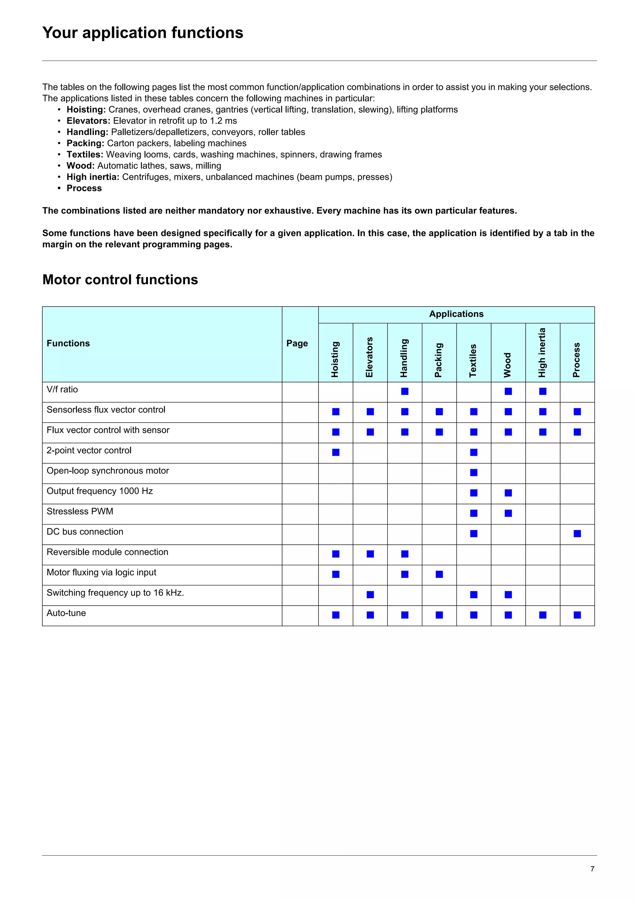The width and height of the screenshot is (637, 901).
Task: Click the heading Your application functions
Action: (x=142, y=33)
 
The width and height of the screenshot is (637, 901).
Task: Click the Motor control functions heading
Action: (x=120, y=280)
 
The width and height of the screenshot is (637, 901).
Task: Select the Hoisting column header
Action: (x=335, y=359)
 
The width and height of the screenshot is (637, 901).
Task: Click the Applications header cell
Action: (x=456, y=314)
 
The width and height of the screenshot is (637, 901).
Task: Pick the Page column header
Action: (x=297, y=343)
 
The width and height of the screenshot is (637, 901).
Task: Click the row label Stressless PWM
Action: (x=80, y=511)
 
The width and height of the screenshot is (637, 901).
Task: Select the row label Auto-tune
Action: (x=66, y=613)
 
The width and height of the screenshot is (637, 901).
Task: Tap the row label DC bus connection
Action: (x=85, y=532)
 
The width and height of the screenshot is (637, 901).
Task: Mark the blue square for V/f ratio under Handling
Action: (x=405, y=391)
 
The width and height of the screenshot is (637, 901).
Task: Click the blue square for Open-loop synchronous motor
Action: (x=474, y=473)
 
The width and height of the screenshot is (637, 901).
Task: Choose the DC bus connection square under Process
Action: (x=577, y=534)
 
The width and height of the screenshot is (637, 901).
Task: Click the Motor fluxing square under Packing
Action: (x=439, y=574)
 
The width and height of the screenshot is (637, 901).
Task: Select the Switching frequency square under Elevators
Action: (x=370, y=594)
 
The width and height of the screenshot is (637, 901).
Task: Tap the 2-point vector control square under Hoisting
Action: (x=336, y=452)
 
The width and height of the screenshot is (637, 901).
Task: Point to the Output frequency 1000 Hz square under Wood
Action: (x=508, y=493)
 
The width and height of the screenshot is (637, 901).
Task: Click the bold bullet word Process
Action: (x=84, y=188)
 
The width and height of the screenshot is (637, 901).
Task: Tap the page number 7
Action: (x=592, y=869)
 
